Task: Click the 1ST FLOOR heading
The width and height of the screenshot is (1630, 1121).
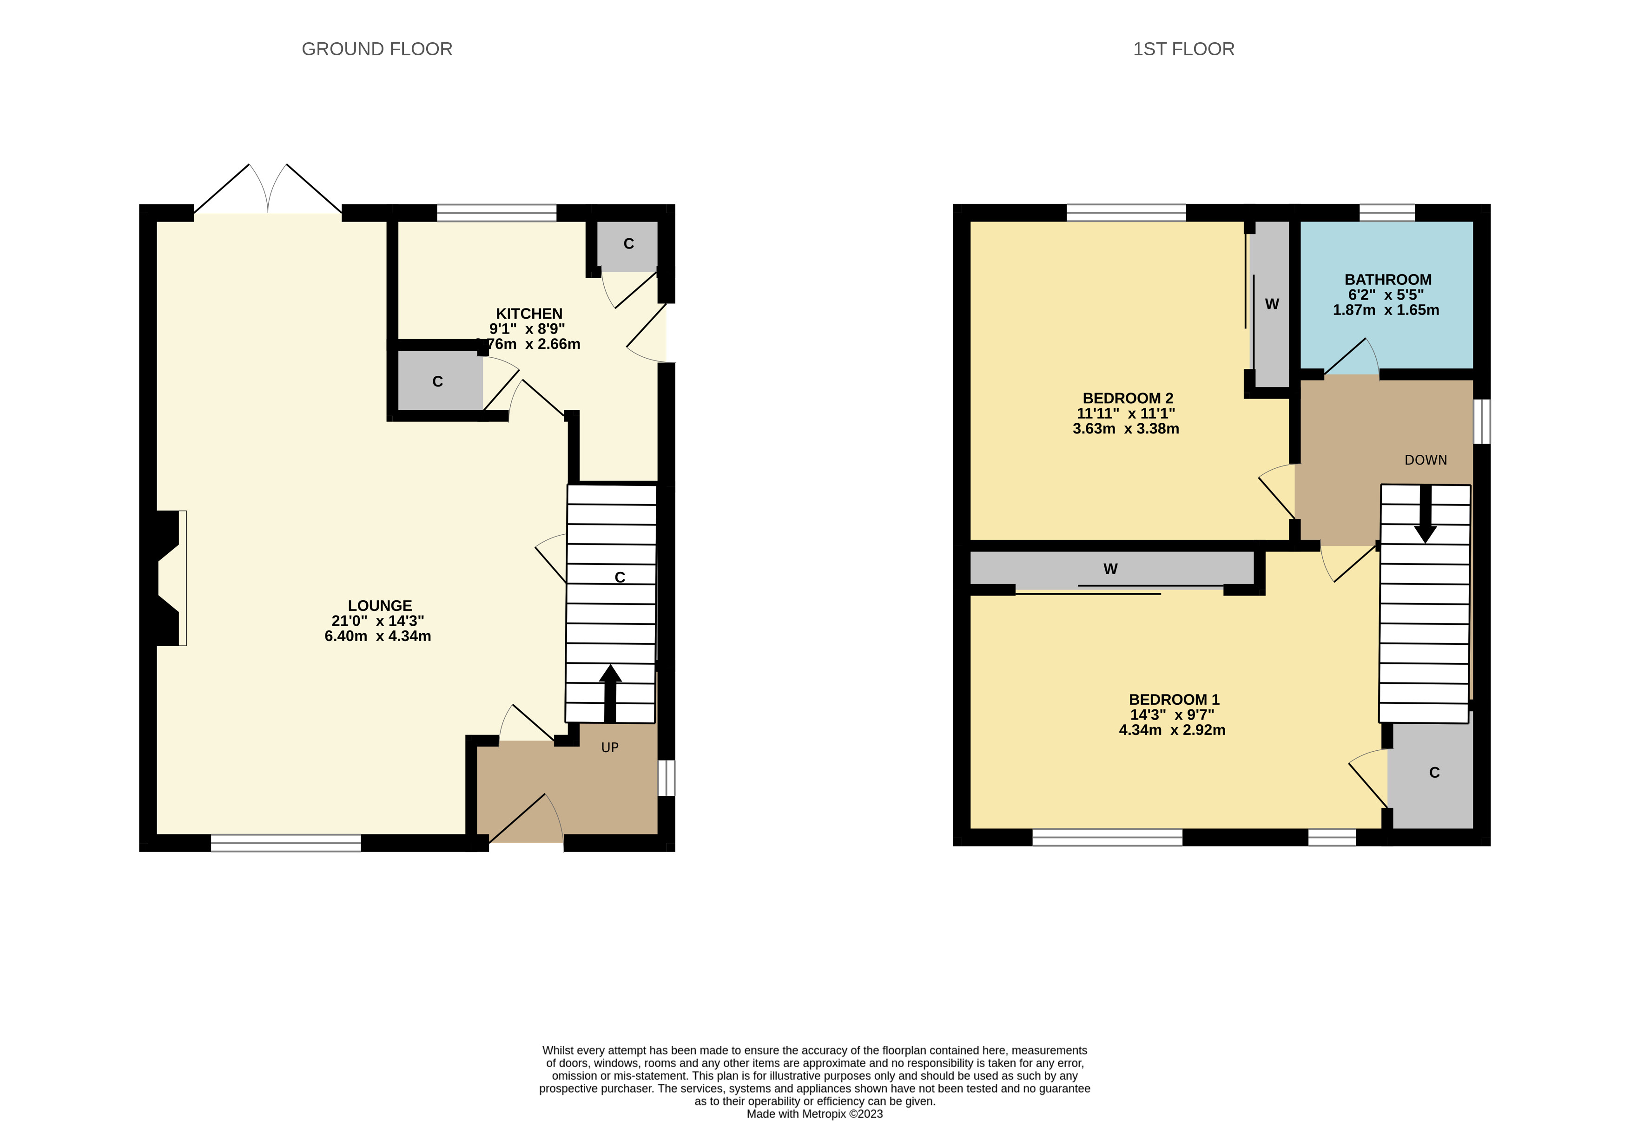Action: coord(1183,49)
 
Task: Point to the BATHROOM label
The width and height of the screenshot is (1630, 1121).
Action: coord(1387,280)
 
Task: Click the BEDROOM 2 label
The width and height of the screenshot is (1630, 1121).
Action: coord(1128,398)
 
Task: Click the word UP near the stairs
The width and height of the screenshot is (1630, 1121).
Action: coord(610,748)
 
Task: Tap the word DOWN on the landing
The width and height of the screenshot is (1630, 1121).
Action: coord(1425,460)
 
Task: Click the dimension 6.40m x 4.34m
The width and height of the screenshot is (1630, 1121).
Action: coord(378,636)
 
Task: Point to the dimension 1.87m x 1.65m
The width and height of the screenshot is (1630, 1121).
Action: coord(1386,310)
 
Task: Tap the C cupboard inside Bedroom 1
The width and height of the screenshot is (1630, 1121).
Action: coord(1434,773)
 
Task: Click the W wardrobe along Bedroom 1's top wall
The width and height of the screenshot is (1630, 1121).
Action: coord(1110,569)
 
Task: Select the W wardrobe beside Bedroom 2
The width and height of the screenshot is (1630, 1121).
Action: coord(1272,304)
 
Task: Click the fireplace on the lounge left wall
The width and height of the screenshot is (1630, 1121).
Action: coord(169,577)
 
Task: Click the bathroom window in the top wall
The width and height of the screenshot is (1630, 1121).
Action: coord(1387,212)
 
